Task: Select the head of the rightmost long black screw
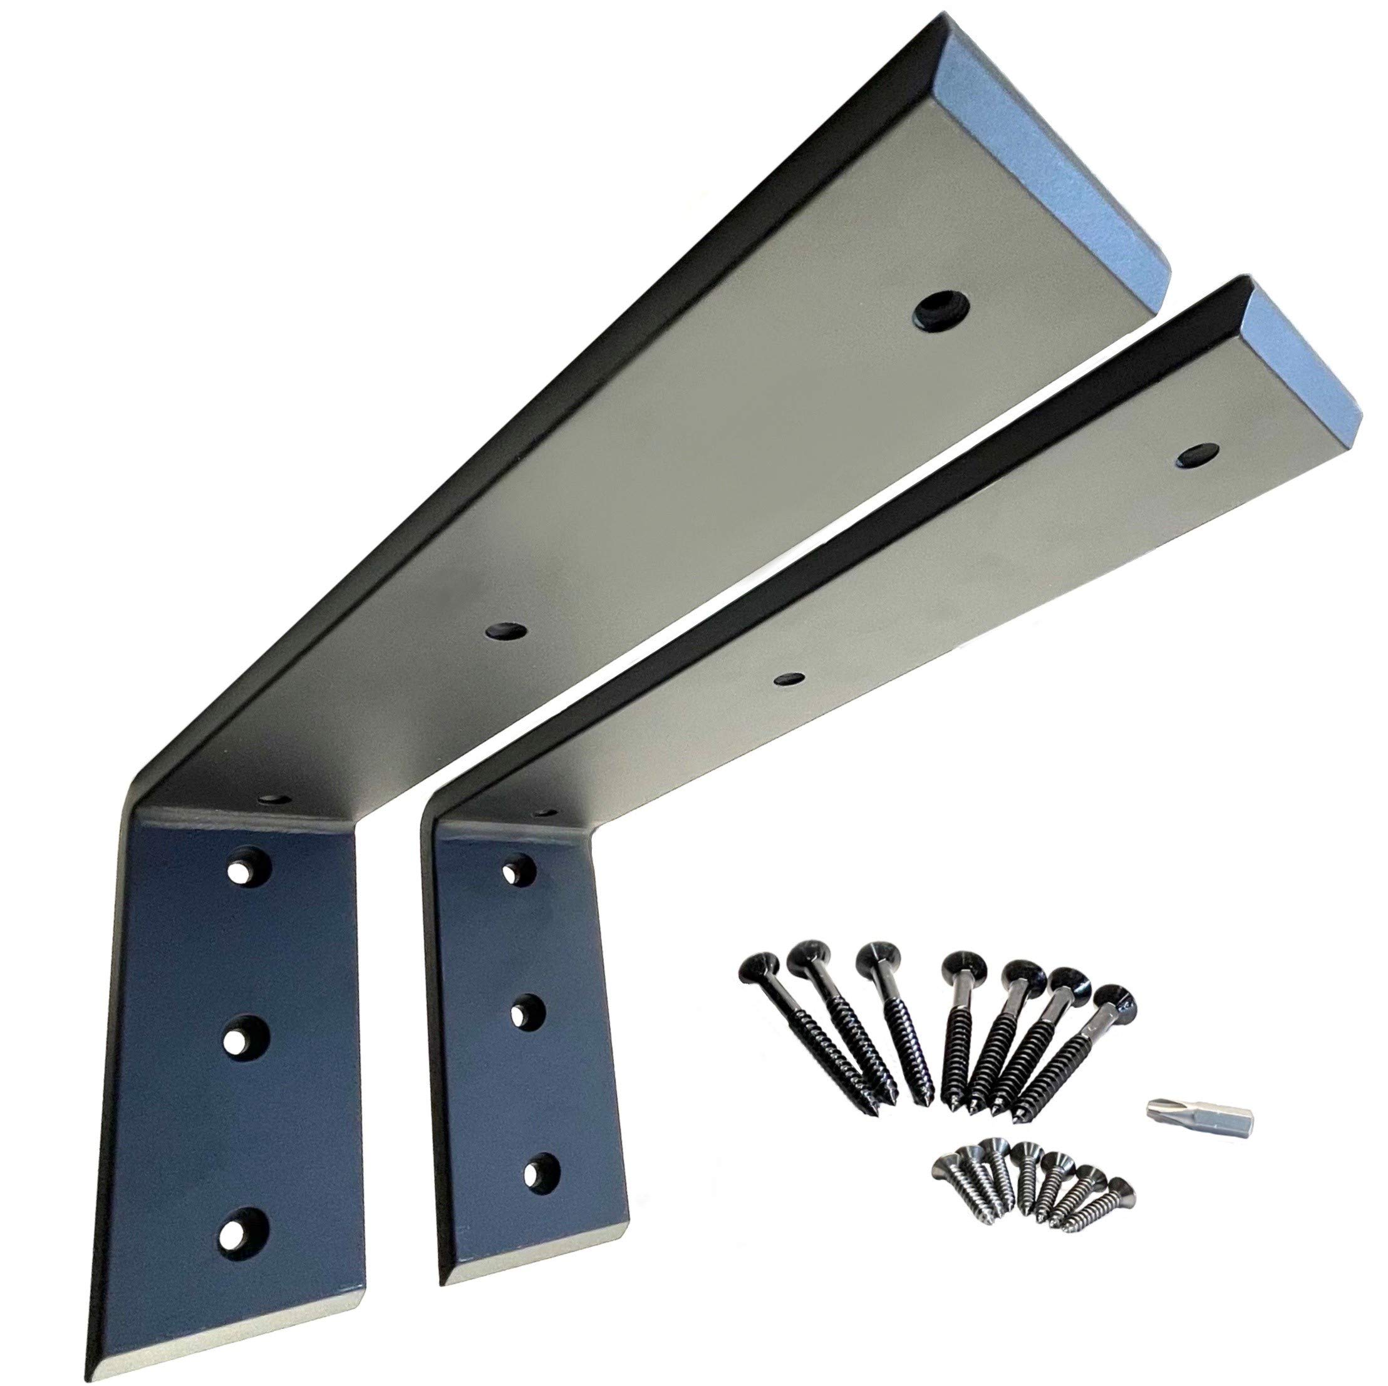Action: (1116, 1000)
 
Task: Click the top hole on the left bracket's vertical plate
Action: (246, 868)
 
